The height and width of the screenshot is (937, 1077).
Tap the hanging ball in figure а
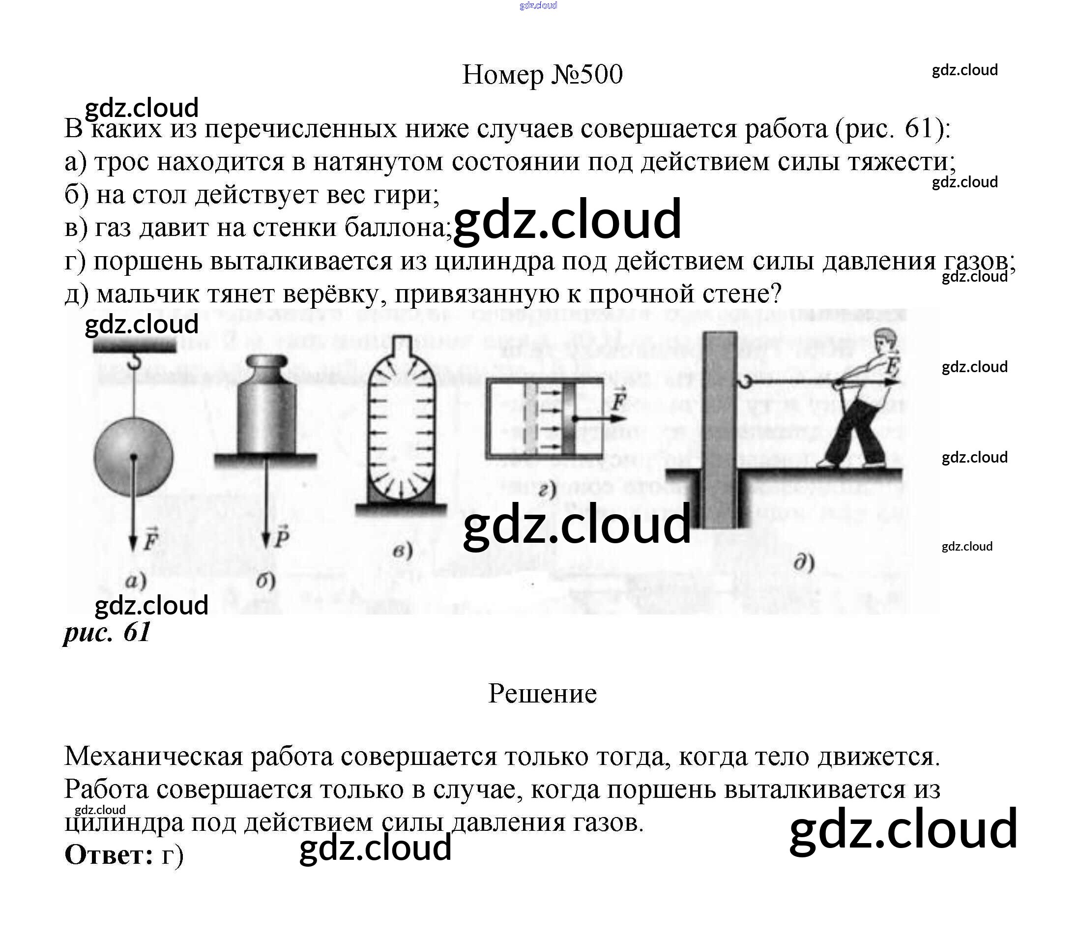(x=133, y=457)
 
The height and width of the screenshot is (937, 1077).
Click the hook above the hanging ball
(x=135, y=360)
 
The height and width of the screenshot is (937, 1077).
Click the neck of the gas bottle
(x=402, y=346)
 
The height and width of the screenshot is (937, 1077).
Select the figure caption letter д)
(x=804, y=563)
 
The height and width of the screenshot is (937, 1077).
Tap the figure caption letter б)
(x=265, y=581)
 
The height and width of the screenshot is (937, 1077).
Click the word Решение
(x=542, y=694)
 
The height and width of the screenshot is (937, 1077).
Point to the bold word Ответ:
(x=109, y=855)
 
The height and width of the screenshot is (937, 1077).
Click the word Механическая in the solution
(x=153, y=756)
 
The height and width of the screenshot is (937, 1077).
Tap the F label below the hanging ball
(x=150, y=540)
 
